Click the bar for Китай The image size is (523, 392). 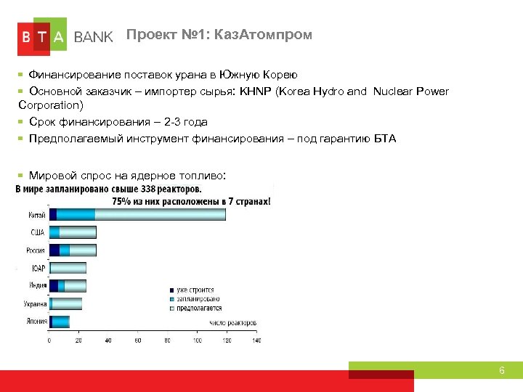pos(137,214)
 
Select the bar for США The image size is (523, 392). pos(73,232)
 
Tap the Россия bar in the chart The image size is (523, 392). pos(73,250)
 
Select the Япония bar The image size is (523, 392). pos(60,322)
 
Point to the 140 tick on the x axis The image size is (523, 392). pos(256,340)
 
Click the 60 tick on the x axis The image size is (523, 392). pos(137,340)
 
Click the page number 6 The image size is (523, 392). pos(501,371)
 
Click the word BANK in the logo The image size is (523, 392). pos(94,37)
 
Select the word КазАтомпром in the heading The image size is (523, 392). pos(272,35)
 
